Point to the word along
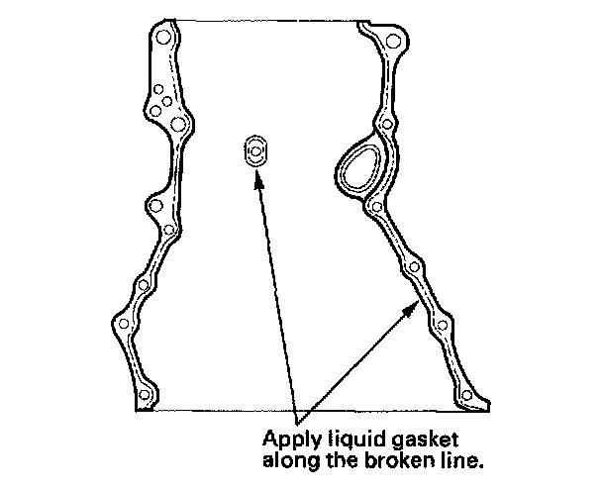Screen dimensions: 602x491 [288, 459]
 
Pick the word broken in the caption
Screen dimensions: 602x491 [391, 459]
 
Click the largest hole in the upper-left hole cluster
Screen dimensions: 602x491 [178, 126]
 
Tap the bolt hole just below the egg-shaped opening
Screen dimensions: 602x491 [377, 208]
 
